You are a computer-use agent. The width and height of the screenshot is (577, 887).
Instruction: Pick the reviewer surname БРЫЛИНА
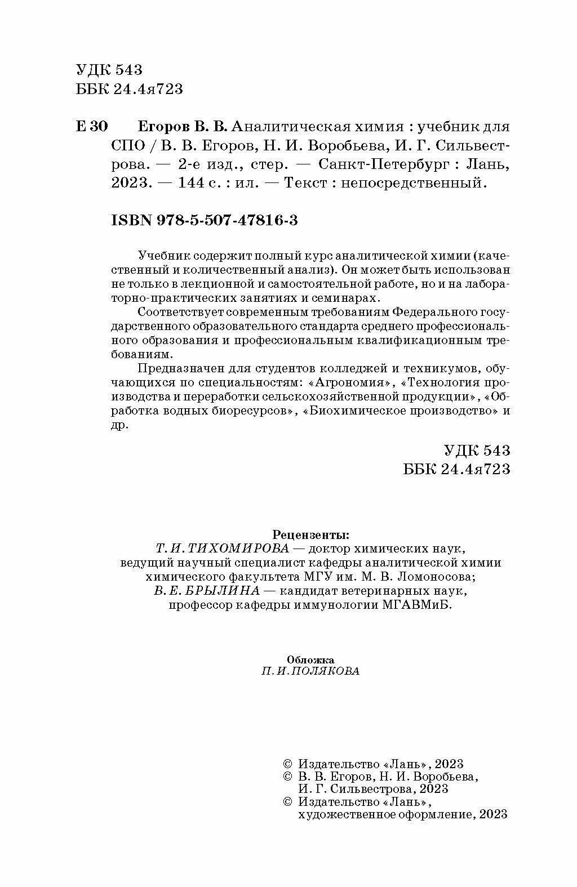pos(229,591)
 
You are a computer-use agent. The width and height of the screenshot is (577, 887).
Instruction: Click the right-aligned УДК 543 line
pos(477,451)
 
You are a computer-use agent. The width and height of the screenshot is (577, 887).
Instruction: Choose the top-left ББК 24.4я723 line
pos(129,90)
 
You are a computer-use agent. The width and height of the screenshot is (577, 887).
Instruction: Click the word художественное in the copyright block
pos(335,814)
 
